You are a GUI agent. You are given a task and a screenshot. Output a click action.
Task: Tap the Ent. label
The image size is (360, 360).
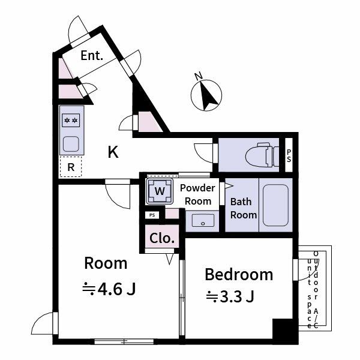92,56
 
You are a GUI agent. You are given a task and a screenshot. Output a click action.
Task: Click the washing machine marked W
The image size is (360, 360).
160,191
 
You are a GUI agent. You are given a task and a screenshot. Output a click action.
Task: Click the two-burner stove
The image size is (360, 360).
71,121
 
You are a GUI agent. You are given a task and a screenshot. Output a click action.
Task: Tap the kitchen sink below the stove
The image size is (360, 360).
71,144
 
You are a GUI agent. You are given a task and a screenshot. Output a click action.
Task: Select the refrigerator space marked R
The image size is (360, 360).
71,167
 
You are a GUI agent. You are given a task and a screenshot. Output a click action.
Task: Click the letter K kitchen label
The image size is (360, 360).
113,152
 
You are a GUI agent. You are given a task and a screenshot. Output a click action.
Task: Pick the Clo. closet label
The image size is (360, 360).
162,238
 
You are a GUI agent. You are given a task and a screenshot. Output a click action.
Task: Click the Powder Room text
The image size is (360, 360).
198,194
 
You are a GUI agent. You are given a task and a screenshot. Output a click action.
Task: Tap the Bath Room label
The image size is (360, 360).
244,208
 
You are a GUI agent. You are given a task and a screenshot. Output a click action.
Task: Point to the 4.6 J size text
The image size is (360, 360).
109,289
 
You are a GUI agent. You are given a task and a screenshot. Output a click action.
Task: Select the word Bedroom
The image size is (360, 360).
239,275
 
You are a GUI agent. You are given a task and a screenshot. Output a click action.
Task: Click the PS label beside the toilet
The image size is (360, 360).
289,155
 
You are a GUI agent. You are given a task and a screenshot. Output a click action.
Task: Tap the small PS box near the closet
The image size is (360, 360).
152,214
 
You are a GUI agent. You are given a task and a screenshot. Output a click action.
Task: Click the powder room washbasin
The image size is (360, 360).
203,221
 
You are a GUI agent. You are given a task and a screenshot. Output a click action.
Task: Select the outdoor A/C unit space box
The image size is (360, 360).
314,288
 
